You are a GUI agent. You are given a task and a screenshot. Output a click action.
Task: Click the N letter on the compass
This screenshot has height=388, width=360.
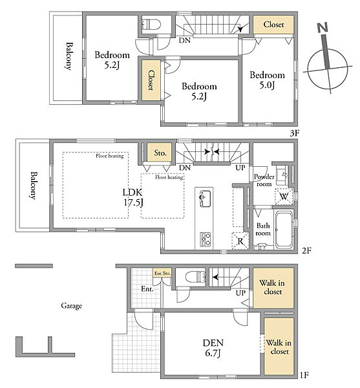[x=323, y=27]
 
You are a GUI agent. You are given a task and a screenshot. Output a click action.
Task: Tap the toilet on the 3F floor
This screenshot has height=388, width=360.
[x=152, y=25]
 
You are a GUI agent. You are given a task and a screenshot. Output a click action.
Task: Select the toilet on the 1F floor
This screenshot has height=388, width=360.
[x=196, y=276]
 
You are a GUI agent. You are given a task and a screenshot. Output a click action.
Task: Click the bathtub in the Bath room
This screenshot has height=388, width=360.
[x=284, y=230]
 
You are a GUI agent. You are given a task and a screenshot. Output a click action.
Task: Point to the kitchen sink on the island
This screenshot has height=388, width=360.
[x=206, y=199]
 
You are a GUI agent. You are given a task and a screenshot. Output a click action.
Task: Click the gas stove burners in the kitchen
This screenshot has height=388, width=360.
[x=206, y=239]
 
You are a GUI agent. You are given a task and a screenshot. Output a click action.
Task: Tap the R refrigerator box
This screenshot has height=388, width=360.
[x=240, y=241]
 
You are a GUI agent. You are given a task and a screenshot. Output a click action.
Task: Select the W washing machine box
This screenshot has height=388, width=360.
[x=284, y=197]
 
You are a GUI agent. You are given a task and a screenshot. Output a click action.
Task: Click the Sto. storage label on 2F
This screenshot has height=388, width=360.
[x=160, y=153]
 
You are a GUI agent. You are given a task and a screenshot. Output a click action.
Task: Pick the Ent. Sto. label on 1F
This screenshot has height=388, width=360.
[x=162, y=273]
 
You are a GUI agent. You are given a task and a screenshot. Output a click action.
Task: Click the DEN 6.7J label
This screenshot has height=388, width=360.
[x=213, y=348]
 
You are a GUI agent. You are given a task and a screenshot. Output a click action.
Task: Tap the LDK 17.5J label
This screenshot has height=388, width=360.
[x=132, y=197]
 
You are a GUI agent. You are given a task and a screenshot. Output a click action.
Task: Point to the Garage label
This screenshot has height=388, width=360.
[x=72, y=306]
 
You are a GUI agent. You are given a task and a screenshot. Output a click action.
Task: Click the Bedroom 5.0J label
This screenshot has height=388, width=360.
[x=267, y=80]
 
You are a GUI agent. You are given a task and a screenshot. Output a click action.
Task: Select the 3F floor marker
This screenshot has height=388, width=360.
[x=295, y=133]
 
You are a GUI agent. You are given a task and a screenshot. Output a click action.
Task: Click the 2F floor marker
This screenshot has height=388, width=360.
[x=306, y=251]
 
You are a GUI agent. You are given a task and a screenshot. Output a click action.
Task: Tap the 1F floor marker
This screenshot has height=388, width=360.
[x=304, y=375]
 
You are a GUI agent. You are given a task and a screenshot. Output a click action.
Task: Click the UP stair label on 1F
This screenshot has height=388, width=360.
[x=240, y=293]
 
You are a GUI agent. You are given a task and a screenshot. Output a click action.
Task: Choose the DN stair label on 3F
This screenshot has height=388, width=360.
[x=185, y=40]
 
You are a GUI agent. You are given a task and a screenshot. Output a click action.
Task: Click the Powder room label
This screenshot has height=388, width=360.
[x=264, y=180]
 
